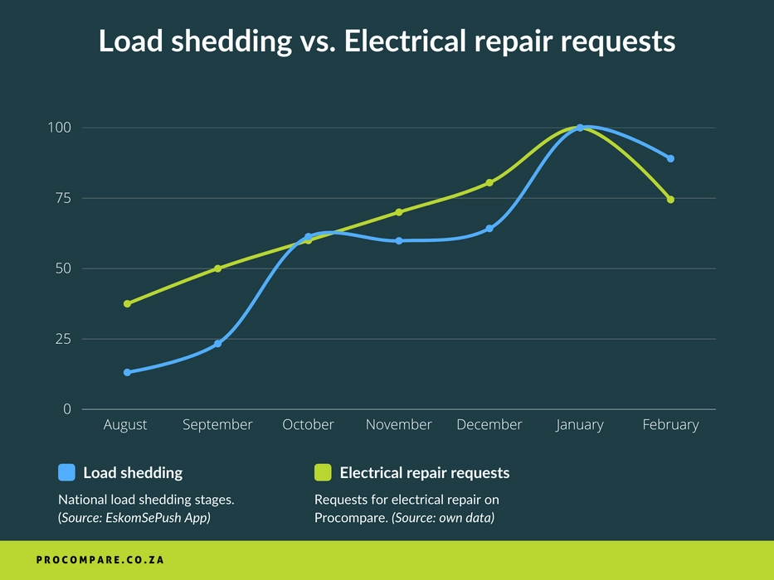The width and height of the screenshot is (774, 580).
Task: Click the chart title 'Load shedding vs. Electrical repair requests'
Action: tap(387, 41)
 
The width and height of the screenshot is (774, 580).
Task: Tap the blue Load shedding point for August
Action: tap(127, 372)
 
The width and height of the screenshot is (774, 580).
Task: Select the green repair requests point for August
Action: tap(127, 304)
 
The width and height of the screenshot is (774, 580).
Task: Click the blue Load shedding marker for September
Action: tap(217, 343)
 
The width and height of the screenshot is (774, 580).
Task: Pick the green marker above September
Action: tap(217, 268)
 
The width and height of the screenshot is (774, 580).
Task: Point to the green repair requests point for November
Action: tap(399, 212)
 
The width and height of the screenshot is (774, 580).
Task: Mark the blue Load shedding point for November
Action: tap(399, 241)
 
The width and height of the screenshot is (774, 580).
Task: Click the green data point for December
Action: tap(489, 182)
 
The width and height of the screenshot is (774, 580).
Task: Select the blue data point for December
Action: tap(489, 228)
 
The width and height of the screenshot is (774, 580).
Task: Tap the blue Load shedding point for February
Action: tap(670, 158)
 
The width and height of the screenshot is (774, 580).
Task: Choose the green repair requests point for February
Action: tap(670, 199)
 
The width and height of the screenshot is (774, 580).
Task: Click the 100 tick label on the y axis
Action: tap(64, 128)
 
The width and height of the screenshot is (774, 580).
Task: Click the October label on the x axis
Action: tap(308, 425)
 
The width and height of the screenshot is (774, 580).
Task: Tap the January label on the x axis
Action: tap(580, 425)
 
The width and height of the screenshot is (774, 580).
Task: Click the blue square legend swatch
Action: tap(66, 472)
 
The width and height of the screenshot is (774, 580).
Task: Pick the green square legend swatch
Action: tap(323, 472)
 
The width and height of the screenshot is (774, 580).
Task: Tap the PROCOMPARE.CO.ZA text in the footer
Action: tap(100, 560)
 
